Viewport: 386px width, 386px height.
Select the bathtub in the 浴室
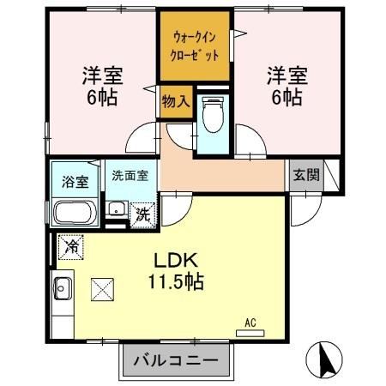click(75, 211)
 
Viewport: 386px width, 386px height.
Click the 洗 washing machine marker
click(143, 213)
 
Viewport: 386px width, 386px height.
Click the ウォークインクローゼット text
click(195, 45)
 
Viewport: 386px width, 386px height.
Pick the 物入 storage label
click(175, 101)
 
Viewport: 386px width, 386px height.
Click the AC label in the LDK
click(251, 323)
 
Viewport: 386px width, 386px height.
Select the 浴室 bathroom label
click(75, 181)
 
